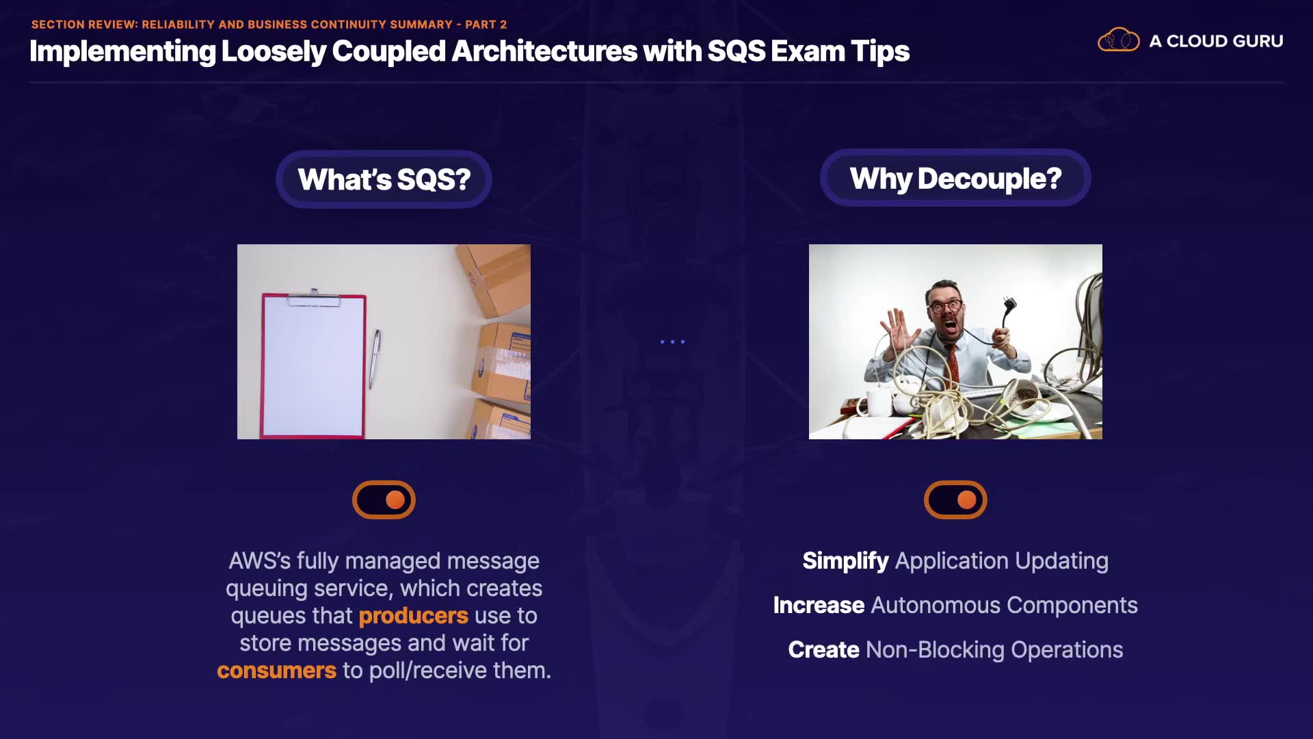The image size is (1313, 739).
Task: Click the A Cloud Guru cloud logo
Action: tap(1119, 40)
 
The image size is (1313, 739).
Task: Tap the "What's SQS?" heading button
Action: tap(384, 179)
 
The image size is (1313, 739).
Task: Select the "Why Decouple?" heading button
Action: tap(955, 178)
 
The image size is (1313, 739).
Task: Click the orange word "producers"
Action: tap(414, 616)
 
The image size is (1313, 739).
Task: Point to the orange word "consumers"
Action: tap(277, 671)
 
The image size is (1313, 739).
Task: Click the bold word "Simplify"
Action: tap(845, 561)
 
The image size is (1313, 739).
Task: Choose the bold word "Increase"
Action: tap(819, 606)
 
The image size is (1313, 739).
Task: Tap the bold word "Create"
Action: tap(823, 650)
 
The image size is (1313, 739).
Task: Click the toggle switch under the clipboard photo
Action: tap(384, 500)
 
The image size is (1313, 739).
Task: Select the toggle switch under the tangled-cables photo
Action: tap(955, 500)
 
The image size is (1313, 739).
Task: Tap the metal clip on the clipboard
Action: tap(314, 298)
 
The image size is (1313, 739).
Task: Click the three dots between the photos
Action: tap(672, 341)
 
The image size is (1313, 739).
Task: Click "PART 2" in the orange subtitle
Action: tap(486, 25)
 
